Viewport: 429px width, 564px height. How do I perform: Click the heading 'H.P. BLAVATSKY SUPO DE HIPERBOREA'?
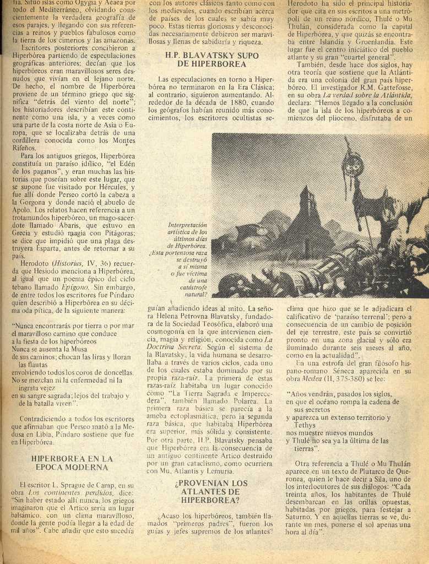[x=211, y=59]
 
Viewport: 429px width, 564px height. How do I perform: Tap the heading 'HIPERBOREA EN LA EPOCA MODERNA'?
[x=72, y=463]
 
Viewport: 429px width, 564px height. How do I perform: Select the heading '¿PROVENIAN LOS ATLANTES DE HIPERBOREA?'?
[x=211, y=491]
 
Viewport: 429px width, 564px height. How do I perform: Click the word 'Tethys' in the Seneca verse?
[x=305, y=425]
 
